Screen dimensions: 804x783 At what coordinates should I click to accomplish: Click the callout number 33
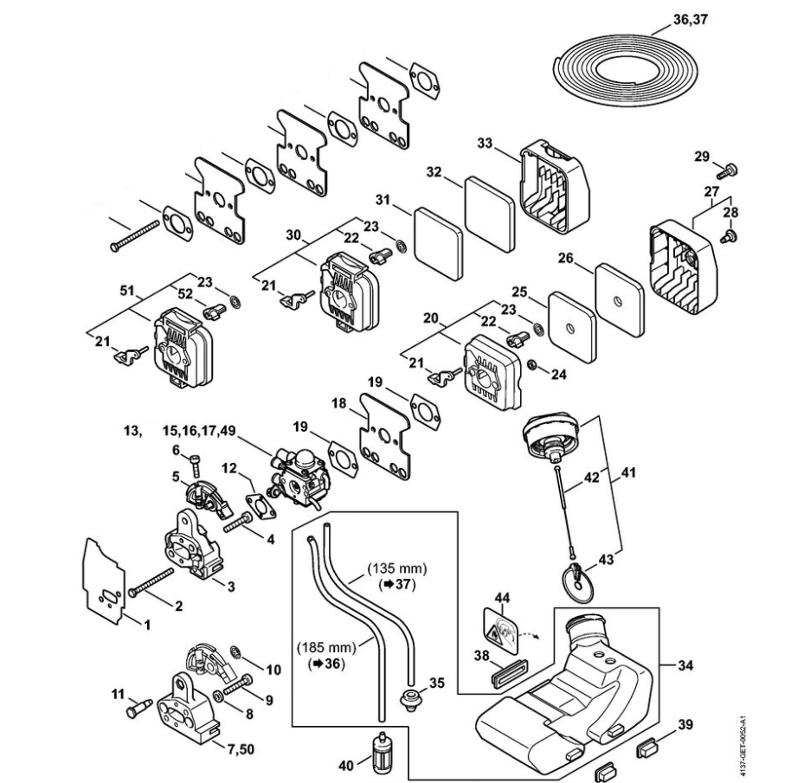[485, 143]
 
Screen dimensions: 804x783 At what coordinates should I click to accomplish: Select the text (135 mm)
[397, 568]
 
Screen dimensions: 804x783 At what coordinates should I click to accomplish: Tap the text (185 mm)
[326, 648]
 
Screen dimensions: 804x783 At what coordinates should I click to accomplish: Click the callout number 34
[685, 665]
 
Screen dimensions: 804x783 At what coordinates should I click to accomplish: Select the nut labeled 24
[532, 364]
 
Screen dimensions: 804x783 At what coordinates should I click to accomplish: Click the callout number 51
[127, 292]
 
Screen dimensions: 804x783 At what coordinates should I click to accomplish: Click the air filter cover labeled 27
[685, 267]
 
